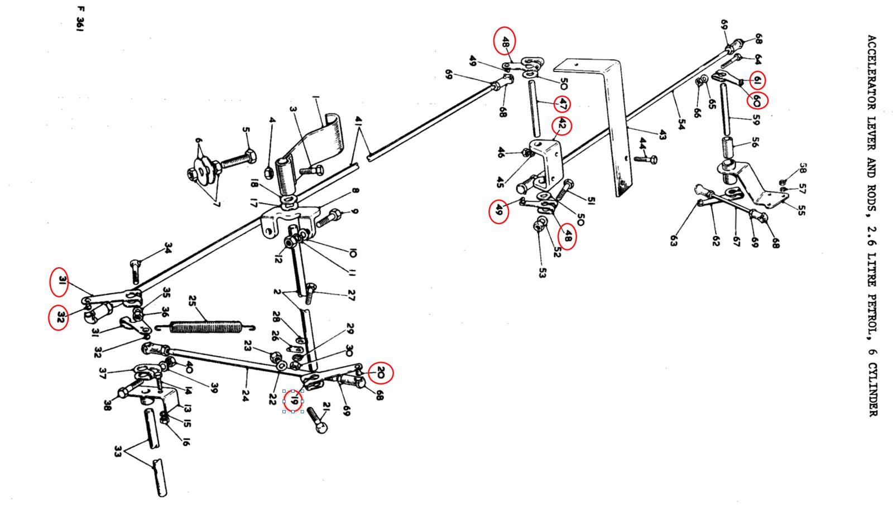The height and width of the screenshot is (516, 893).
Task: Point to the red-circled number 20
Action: pyautogui.click(x=381, y=373)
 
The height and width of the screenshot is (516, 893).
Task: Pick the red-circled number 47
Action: pyautogui.click(x=563, y=104)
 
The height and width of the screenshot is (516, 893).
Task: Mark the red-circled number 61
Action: pyautogui.click(x=758, y=81)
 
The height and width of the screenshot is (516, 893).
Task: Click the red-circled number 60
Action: pyautogui.click(x=757, y=100)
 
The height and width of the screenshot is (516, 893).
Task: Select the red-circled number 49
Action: pyautogui.click(x=498, y=211)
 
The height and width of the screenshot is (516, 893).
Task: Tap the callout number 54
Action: pyautogui.click(x=681, y=124)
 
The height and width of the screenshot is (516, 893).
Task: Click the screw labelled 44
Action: pyautogui.click(x=647, y=160)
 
